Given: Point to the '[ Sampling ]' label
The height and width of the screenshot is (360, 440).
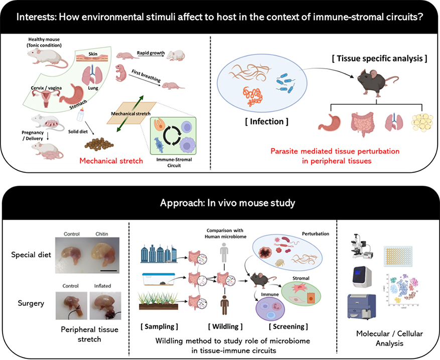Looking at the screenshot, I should click(160, 326).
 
